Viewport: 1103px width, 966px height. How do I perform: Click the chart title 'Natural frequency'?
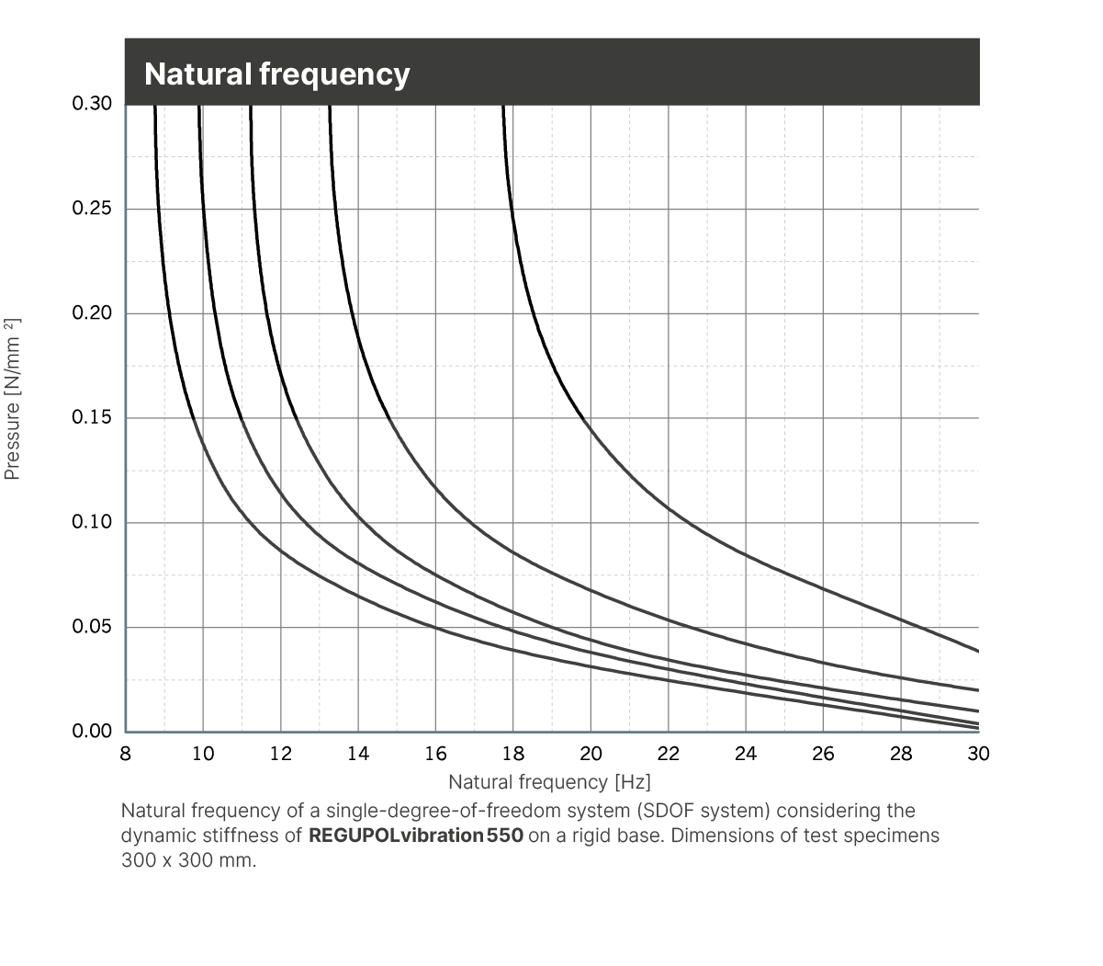(276, 74)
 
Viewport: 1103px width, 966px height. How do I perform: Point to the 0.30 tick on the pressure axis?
(92, 104)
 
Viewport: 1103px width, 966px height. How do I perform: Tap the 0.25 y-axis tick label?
(92, 209)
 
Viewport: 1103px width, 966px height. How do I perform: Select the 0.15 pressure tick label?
(92, 418)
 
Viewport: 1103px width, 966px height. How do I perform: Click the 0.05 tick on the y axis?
(92, 628)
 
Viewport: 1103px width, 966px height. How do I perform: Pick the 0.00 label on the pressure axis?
(92, 733)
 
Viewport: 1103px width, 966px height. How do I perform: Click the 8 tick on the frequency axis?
(126, 755)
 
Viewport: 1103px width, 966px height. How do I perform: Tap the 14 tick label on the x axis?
(358, 755)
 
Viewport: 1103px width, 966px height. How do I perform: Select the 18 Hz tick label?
(513, 755)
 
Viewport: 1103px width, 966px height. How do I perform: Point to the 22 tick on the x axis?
(669, 755)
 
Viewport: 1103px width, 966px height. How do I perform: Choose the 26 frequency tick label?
(824, 755)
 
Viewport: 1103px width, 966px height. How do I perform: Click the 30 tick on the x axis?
(978, 755)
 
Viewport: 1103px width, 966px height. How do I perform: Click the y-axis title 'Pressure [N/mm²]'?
(13, 399)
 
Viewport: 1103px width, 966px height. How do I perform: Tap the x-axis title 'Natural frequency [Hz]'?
(549, 782)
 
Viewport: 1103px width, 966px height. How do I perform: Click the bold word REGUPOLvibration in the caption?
(397, 836)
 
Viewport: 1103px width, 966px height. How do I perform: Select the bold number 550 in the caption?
(505, 836)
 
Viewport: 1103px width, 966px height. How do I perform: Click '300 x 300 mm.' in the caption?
(189, 862)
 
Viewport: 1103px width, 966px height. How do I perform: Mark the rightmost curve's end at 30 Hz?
(978, 651)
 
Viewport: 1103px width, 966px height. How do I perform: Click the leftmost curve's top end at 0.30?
(155, 108)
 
